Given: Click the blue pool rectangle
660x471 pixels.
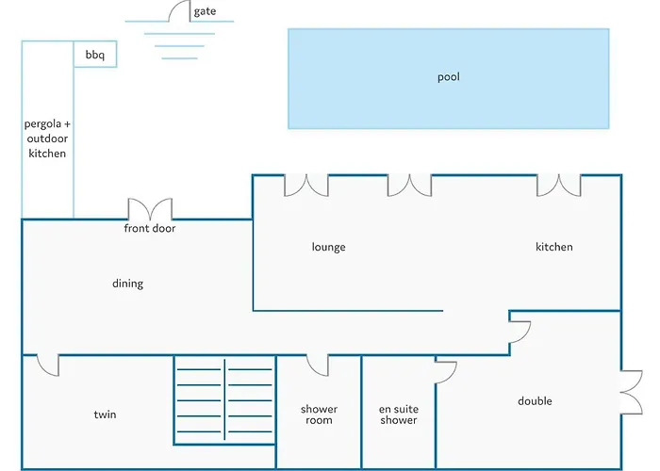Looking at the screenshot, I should tap(448, 78).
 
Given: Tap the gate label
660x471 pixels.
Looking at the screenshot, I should tap(205, 11).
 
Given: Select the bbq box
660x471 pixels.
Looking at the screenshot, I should tap(95, 56).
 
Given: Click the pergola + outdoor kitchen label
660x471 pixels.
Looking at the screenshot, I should tap(47, 138).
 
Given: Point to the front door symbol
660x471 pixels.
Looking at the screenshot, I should tap(150, 209).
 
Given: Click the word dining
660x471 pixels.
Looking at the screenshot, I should tap(128, 284).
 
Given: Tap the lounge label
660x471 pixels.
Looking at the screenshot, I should tap(328, 247).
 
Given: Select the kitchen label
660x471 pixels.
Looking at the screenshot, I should tap(553, 247).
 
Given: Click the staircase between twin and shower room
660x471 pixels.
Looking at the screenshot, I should tap(223, 400).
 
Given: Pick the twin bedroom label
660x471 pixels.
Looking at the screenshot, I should tap(105, 414).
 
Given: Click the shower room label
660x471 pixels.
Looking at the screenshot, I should tap(319, 414).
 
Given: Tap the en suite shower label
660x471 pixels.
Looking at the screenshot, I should tap(399, 414).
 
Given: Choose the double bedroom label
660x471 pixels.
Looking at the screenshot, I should tap(535, 401).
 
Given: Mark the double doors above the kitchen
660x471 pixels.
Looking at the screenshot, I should tap(559, 185).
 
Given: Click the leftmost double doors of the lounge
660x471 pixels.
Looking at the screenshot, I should tap(306, 185).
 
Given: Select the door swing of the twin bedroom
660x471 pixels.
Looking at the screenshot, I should tap(48, 364).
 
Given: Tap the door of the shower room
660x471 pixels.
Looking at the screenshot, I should tap(317, 365).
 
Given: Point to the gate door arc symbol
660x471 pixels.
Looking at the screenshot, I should tap(180, 11).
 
